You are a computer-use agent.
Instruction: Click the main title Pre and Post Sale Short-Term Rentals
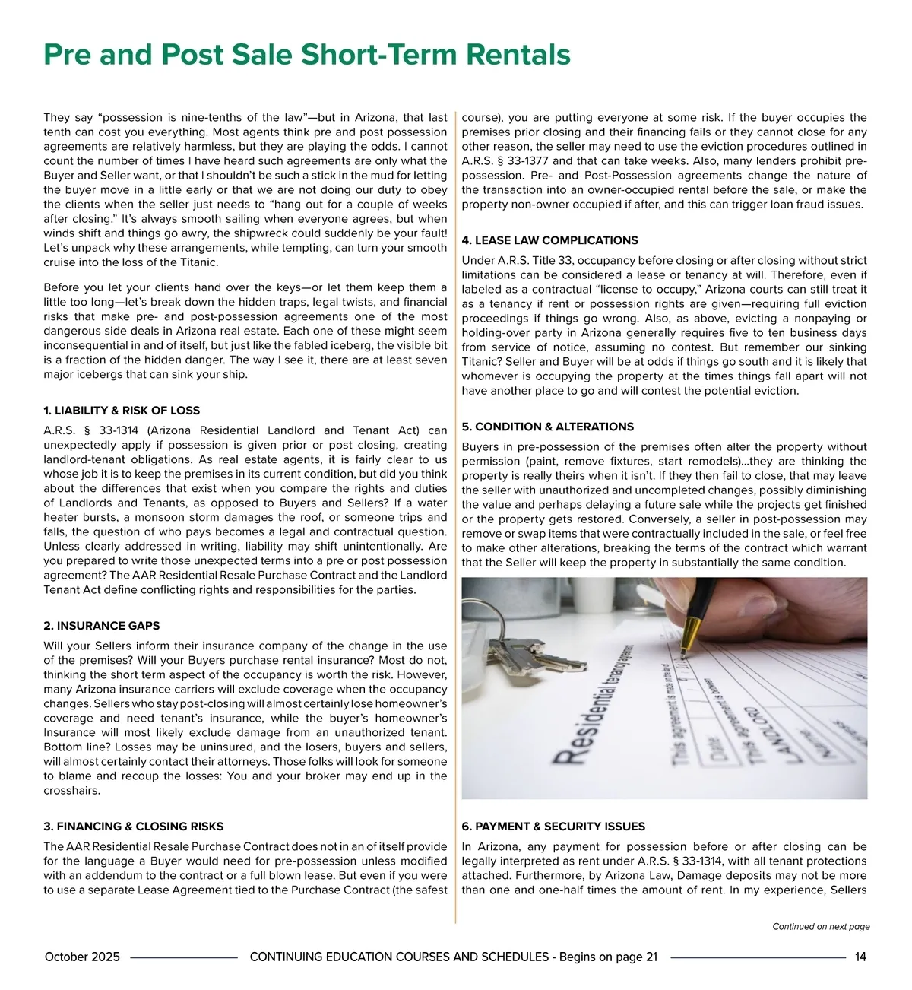(306, 56)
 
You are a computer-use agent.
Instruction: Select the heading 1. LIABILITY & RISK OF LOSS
(122, 411)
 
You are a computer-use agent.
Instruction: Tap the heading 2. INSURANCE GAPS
(102, 626)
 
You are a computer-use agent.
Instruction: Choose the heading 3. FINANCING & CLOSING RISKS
(134, 827)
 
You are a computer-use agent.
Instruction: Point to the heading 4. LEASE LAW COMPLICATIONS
(549, 240)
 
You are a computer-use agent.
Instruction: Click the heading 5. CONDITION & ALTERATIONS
(547, 427)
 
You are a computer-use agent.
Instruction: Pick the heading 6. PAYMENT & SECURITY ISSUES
(553, 827)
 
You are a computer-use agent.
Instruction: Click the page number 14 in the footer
(860, 957)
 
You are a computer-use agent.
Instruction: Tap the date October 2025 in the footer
(82, 957)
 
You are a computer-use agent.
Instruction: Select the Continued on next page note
(821, 927)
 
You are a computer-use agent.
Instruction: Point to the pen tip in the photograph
(684, 652)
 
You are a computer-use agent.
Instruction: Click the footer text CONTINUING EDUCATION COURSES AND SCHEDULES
(399, 957)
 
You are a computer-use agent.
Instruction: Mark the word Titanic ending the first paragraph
(199, 262)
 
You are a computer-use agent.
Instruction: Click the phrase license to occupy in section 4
(643, 290)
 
